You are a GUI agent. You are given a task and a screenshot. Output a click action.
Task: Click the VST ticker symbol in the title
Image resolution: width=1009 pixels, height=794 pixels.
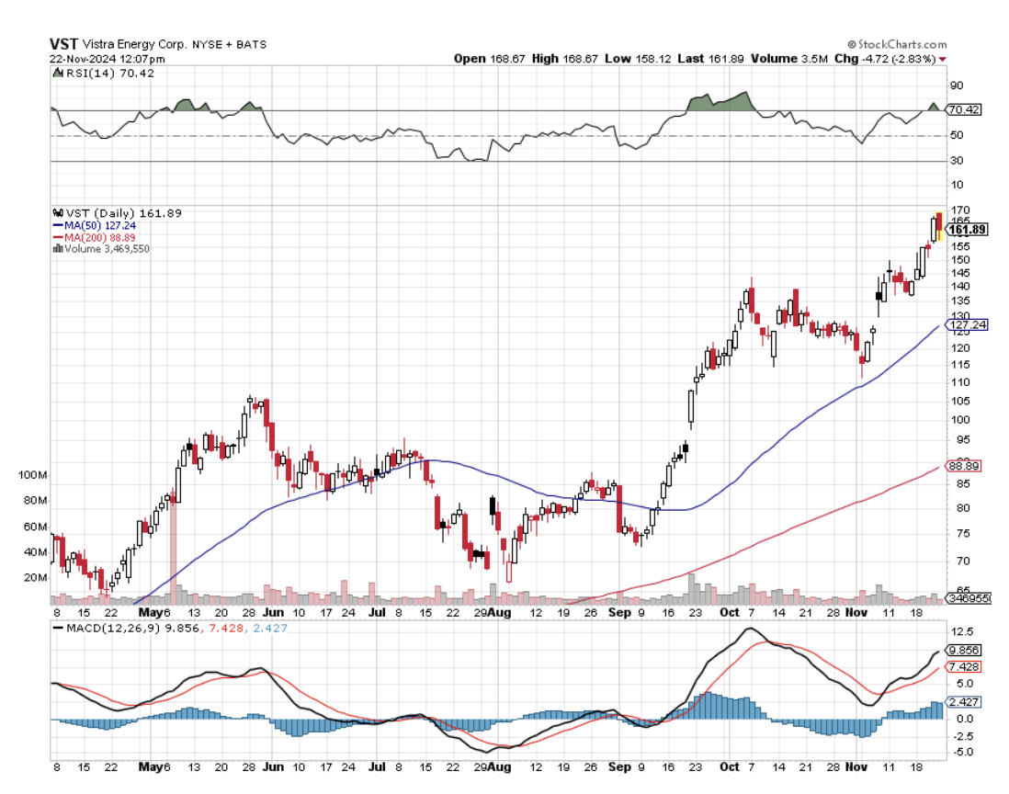[62, 43]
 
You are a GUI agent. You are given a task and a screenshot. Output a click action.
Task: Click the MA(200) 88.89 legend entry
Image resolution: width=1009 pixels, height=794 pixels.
[94, 236]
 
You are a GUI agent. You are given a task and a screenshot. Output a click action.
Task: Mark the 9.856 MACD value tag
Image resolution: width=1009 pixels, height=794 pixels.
[964, 650]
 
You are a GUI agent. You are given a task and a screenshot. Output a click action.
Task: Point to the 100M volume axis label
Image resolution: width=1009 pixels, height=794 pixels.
[31, 475]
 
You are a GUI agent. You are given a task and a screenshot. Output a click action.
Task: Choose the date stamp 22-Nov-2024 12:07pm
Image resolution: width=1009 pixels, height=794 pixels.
[101, 58]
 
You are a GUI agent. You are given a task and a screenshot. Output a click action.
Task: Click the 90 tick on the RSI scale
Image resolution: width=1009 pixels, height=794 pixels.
[956, 85]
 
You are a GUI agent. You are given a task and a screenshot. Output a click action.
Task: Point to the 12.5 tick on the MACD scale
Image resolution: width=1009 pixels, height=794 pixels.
[962, 631]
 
